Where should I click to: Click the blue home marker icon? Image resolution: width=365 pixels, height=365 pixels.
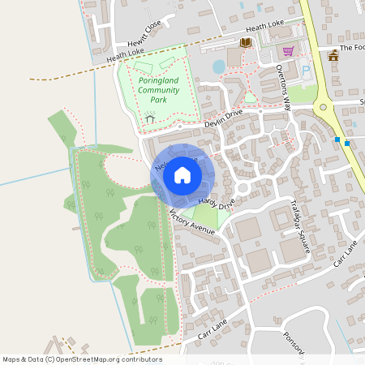182,175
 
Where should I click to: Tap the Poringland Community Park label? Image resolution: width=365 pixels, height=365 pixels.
158,91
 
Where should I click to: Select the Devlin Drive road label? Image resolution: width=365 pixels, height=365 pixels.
223,118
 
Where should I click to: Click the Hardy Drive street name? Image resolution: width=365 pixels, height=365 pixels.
217,202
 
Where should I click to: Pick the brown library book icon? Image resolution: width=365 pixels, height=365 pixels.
245,42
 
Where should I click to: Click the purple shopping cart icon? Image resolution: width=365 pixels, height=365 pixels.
287,49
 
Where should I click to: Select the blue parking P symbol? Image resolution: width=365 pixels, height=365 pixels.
306,71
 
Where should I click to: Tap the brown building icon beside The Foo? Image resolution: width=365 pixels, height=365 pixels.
333,55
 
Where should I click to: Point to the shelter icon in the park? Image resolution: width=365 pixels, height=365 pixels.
149,121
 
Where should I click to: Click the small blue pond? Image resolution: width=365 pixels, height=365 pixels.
218,66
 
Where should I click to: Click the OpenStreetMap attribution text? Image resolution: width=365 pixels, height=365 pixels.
81,359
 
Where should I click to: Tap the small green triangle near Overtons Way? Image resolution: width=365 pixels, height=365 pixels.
251,98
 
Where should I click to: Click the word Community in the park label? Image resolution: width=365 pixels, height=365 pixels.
159,91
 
